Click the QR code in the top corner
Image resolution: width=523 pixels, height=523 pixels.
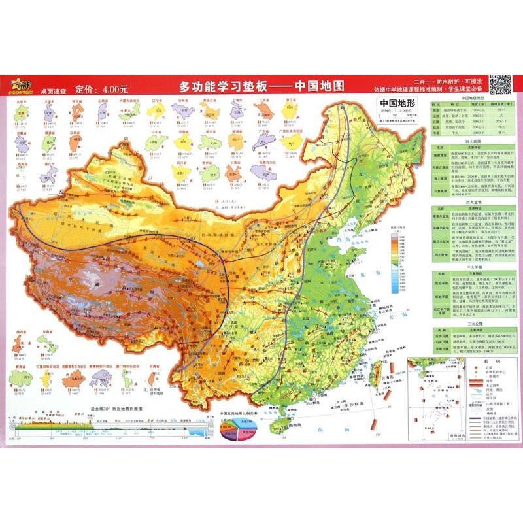click(x=500, y=84)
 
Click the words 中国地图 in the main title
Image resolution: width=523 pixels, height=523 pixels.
click(x=320, y=86)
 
